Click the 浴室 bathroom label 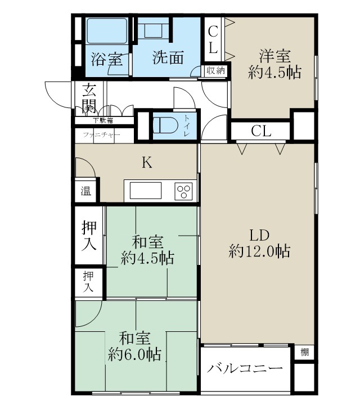pos(107,60)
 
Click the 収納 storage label pos(215,70)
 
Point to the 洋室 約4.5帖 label pos(274,64)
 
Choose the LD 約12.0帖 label pos(259,243)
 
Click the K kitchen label pos(146,163)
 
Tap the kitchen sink pos(146,191)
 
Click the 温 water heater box pos(85,191)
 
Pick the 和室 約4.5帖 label pos(147,250)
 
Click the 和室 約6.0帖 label pos(134,346)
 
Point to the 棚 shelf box pos(304,353)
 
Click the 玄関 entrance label pos(89,97)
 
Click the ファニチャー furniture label pos(101,135)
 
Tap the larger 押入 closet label pos(89,236)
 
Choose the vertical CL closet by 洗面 pos(213,39)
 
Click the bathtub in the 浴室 pos(107,31)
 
